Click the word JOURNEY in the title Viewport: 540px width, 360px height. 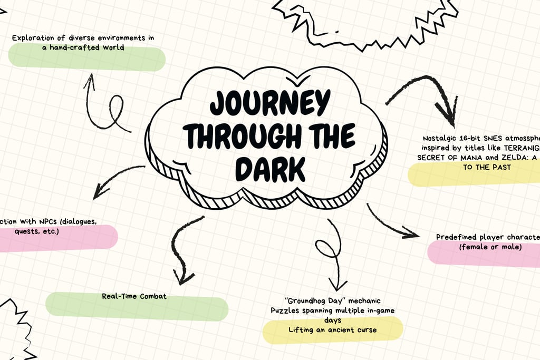coord(270,103)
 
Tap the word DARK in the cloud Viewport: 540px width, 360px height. coord(270,170)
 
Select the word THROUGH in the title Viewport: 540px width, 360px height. coord(237,136)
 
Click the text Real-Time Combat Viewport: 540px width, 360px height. coord(134,296)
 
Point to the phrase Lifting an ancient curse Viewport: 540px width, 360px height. coord(332,330)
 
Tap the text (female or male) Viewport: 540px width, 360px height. coord(490,247)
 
